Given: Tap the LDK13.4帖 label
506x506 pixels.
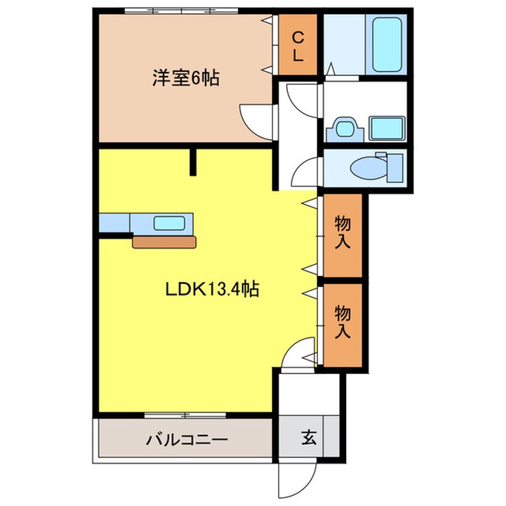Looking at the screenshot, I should click(212, 290).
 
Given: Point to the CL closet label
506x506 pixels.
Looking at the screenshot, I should click(298, 47).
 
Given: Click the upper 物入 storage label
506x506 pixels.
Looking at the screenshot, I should click(343, 233).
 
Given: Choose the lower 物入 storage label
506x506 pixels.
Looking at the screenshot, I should click(343, 322).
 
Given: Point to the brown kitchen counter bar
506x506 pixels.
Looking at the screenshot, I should click(164, 242).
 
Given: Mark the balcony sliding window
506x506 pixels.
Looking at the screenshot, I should click(185, 415).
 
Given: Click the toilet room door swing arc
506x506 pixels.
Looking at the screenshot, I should click(306, 173).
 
